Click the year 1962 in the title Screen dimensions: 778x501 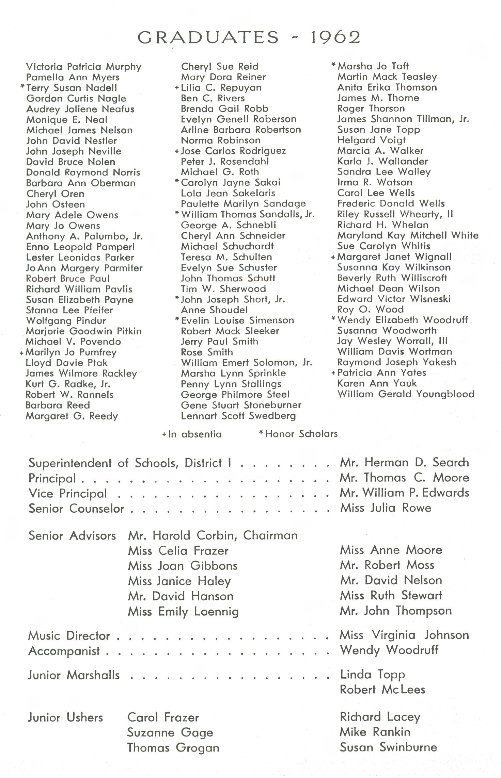335,37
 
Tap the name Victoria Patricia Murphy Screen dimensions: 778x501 83,67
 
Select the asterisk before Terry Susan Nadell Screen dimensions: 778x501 22,87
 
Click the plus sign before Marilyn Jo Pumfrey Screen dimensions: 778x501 22,353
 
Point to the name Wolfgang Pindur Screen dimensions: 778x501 66,321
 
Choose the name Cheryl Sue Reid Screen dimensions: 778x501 220,66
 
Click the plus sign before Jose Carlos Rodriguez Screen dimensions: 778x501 177,151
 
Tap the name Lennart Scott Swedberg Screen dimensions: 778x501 238,416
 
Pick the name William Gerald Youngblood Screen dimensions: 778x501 406,394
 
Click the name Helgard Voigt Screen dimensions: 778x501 371,140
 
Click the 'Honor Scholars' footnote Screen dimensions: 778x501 301,434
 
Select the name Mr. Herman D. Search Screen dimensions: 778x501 404,462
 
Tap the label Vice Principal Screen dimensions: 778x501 68,493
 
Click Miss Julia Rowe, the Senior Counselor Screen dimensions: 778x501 386,508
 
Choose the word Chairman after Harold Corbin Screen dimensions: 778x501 270,535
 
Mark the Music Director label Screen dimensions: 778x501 69,635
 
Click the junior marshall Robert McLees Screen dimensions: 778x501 382,690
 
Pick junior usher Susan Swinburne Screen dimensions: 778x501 388,747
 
